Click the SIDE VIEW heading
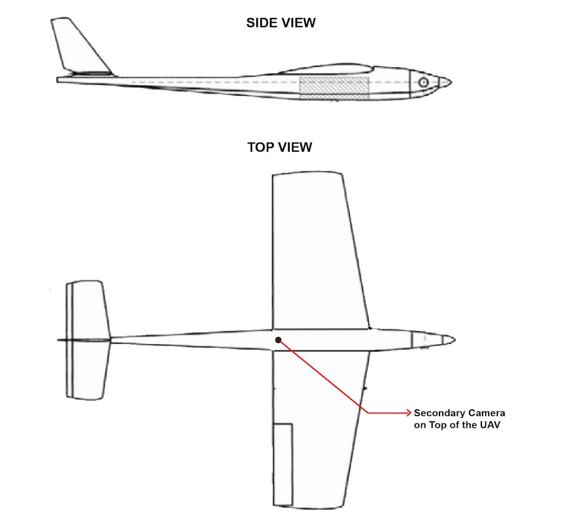(281, 23)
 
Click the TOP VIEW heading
(280, 147)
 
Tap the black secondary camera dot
(278, 340)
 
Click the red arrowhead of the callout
(409, 413)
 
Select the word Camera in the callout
(484, 413)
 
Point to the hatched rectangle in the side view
(334, 88)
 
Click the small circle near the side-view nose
(424, 83)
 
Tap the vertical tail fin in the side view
(79, 48)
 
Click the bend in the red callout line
(369, 413)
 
